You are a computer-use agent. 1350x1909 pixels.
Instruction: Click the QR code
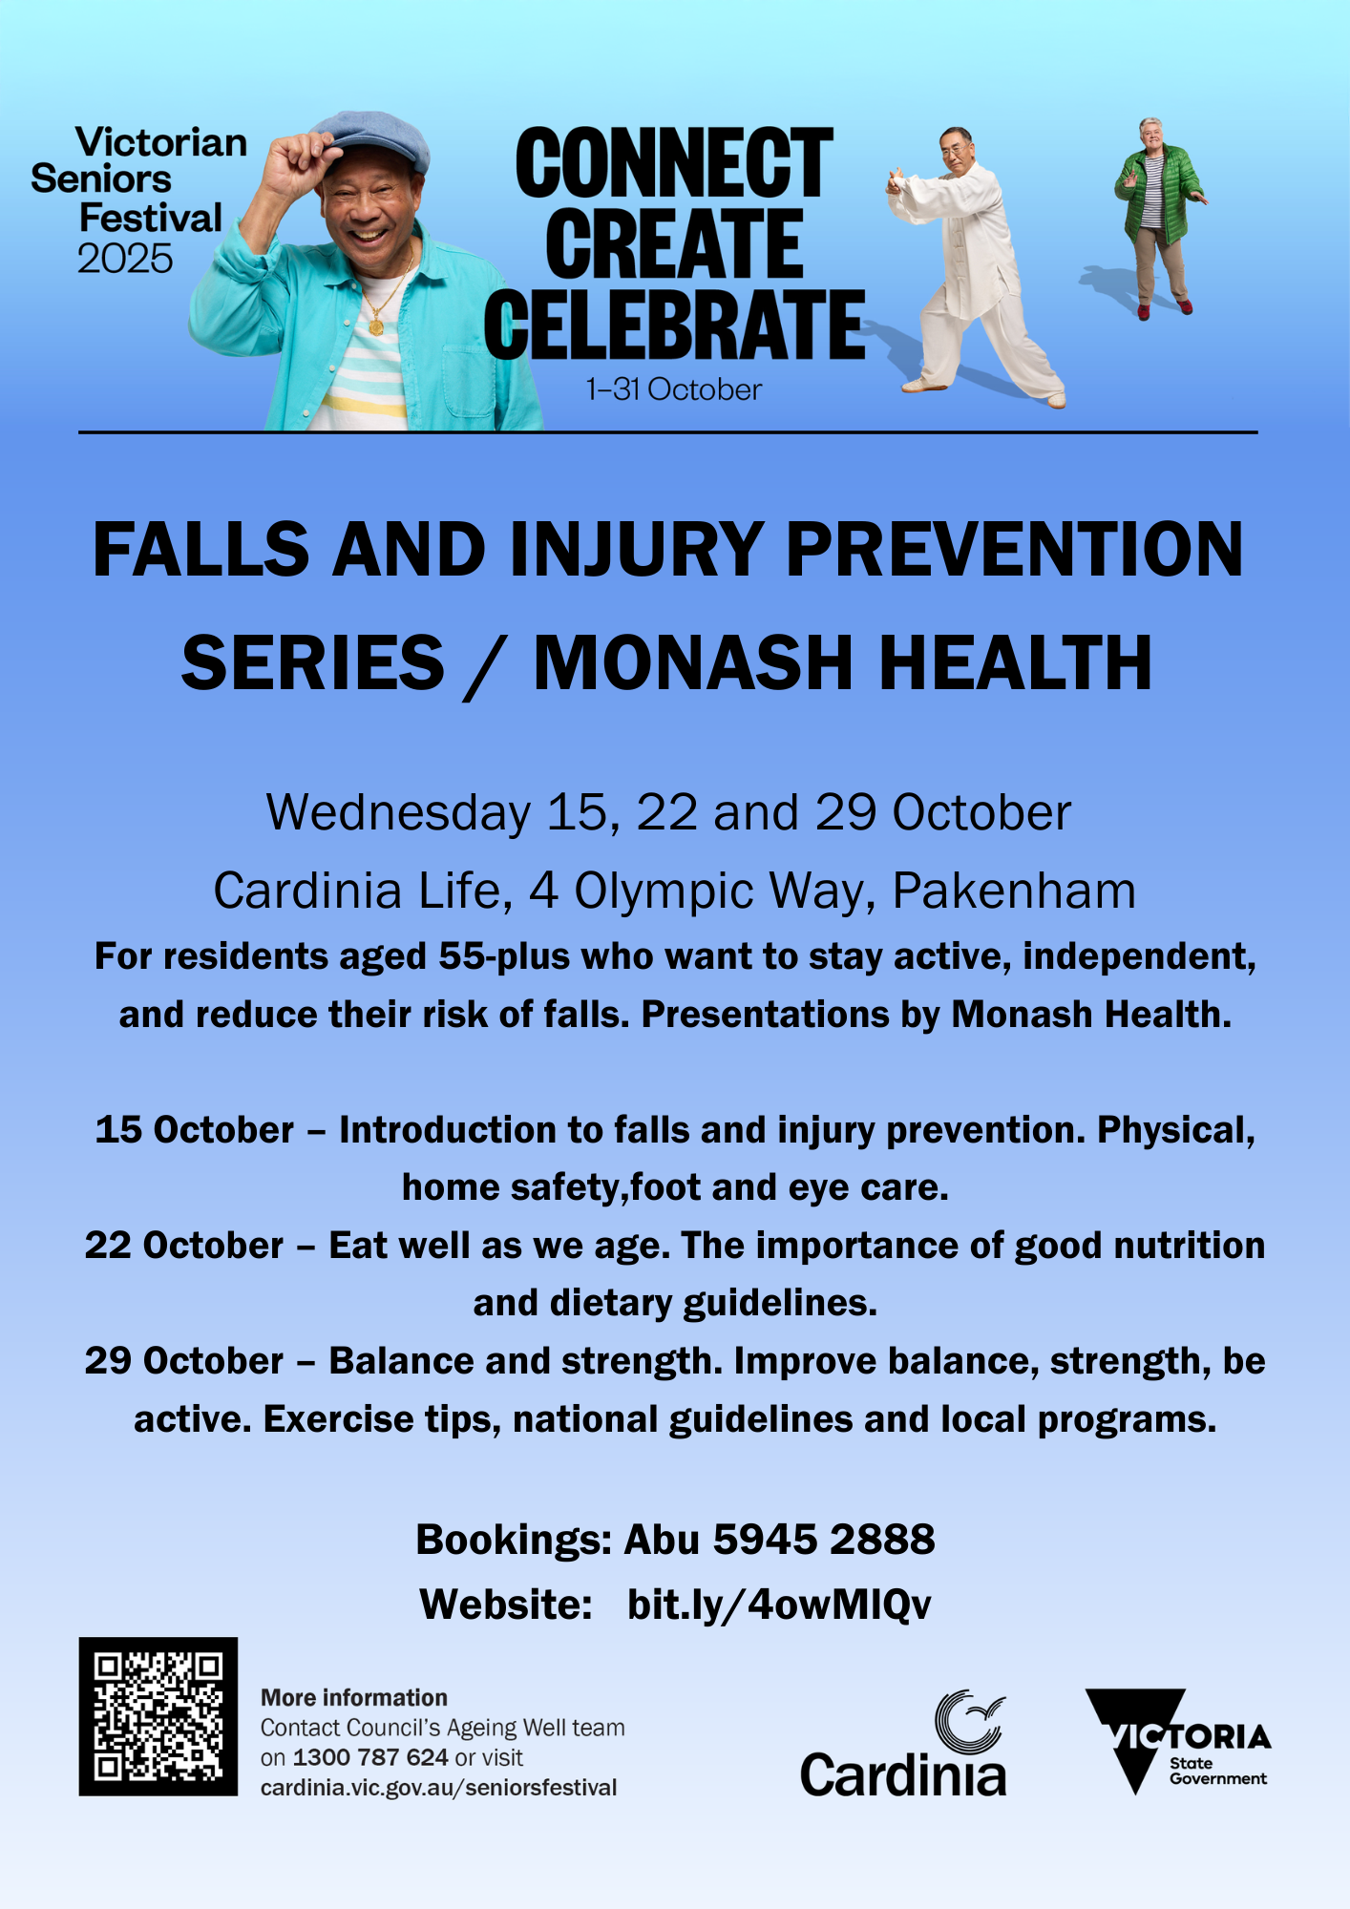(158, 1716)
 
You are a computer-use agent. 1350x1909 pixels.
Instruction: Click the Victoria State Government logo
(1178, 1741)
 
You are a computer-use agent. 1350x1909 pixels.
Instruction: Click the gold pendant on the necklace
(377, 326)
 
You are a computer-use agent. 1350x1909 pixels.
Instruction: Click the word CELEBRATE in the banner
(674, 325)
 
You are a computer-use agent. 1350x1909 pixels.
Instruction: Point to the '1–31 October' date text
(674, 389)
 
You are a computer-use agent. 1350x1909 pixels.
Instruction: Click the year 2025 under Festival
(125, 259)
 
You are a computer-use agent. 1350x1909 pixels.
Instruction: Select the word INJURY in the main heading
(636, 550)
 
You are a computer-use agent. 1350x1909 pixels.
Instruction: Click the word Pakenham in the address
(1014, 891)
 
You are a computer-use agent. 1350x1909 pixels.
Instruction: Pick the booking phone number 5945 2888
(824, 1540)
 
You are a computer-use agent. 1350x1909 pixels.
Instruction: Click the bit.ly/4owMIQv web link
(779, 1605)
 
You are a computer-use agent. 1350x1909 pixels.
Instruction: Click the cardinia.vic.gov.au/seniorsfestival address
(439, 1788)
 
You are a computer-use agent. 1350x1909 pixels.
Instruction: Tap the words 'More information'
(354, 1697)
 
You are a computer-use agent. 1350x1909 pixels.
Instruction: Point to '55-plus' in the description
(504, 956)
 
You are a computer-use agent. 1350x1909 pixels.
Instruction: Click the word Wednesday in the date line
(398, 813)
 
